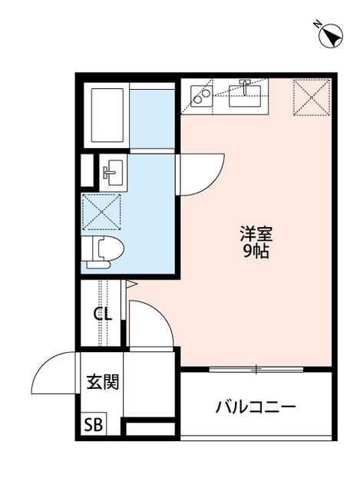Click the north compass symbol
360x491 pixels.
click(331, 35)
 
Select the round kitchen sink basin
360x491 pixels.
click(202, 96)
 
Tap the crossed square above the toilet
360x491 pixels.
click(101, 211)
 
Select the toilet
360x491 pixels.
click(101, 251)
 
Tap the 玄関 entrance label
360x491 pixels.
click(101, 382)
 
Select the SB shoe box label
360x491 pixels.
click(92, 424)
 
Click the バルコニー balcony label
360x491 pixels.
click(255, 406)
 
